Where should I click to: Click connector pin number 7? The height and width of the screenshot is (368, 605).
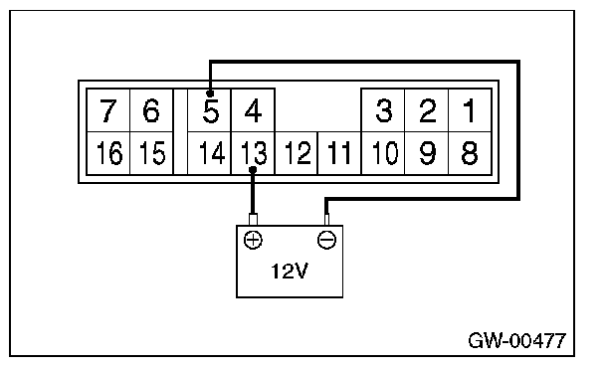pyautogui.click(x=108, y=110)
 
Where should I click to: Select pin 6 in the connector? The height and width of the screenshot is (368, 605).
pyautogui.click(x=151, y=110)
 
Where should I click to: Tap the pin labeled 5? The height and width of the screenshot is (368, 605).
pyautogui.click(x=210, y=110)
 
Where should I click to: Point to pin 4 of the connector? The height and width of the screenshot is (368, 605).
pyautogui.click(x=253, y=110)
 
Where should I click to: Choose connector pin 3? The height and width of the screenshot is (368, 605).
pyautogui.click(x=383, y=110)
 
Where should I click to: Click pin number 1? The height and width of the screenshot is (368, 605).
pyautogui.click(x=470, y=110)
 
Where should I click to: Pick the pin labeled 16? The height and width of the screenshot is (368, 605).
pyautogui.click(x=108, y=153)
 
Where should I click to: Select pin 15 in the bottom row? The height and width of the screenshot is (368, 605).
pyautogui.click(x=151, y=153)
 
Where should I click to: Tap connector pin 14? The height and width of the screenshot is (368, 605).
pyautogui.click(x=210, y=153)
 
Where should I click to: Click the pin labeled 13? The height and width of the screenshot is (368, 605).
pyautogui.click(x=253, y=153)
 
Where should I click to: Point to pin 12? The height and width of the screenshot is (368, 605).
pyautogui.click(x=297, y=153)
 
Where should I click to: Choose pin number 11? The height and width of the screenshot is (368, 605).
pyautogui.click(x=339, y=153)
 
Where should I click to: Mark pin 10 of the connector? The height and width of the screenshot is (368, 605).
pyautogui.click(x=383, y=153)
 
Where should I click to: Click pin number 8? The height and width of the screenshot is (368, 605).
pyautogui.click(x=470, y=153)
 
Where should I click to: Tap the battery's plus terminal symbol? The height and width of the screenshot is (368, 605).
pyautogui.click(x=253, y=240)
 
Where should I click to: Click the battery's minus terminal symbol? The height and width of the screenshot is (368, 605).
pyautogui.click(x=326, y=240)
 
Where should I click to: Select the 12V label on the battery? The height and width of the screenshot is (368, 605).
pyautogui.click(x=290, y=271)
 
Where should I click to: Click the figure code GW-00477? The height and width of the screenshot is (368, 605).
pyautogui.click(x=517, y=340)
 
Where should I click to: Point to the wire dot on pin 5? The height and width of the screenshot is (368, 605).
pyautogui.click(x=210, y=93)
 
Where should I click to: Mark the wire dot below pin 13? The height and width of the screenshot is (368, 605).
pyautogui.click(x=253, y=170)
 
